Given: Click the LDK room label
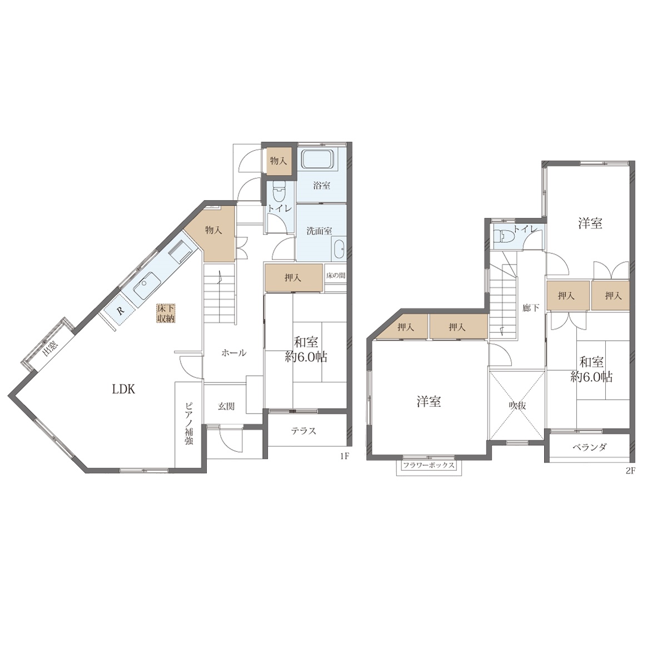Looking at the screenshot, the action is [123, 390].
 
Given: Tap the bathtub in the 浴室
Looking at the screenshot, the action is [318, 160].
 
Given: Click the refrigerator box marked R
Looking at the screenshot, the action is [120, 311].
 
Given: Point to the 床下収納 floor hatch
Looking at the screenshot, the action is [165, 313].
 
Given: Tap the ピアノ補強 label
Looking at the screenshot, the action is [188, 423].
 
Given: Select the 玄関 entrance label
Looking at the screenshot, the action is [226, 406].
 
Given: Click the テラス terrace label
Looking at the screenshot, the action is [303, 431].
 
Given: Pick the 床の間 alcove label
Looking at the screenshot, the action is [335, 276].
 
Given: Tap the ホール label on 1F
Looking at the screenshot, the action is [234, 353].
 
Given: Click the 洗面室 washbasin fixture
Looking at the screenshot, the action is [339, 248].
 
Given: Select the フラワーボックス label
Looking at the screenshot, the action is [429, 466].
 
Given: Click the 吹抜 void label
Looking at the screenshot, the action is [517, 406].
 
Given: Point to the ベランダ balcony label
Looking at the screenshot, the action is [589, 447].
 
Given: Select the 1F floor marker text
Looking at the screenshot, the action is [344, 456].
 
